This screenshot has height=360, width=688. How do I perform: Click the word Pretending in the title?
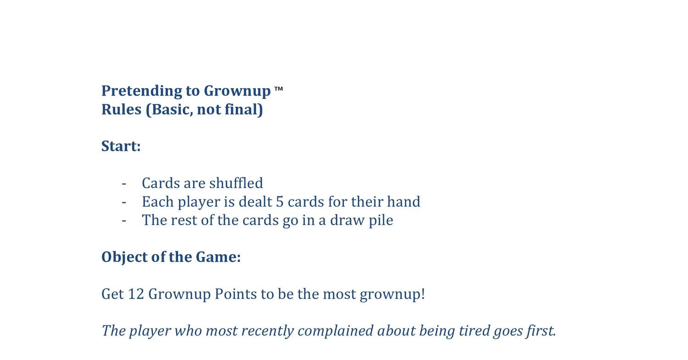142,91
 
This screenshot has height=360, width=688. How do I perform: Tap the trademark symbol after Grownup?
278,89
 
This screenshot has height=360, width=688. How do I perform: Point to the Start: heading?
121,146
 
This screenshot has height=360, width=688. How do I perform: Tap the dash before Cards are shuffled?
124,183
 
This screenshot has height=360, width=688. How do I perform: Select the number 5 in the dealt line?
280,202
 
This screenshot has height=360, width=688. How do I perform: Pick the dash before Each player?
124,202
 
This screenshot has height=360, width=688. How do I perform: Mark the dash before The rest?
124,221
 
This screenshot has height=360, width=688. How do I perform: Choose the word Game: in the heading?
218,257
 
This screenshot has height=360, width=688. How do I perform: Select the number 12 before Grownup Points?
136,294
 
